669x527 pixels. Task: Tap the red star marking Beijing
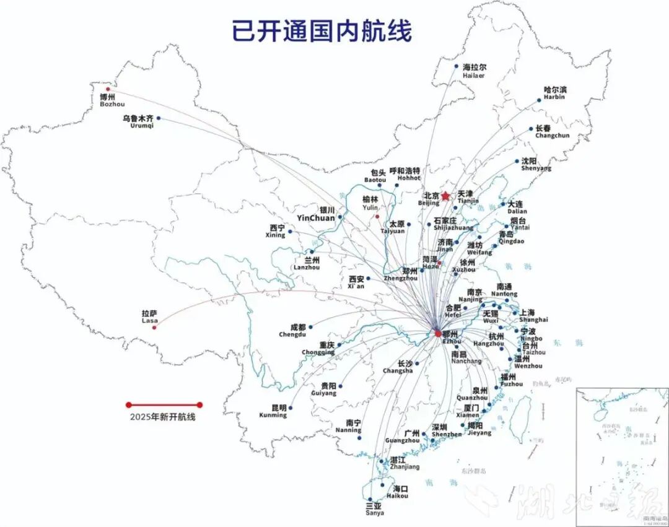445,196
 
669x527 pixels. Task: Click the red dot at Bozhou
108,89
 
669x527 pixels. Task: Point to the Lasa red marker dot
154,327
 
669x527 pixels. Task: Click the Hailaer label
474,71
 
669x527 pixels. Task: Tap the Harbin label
554,93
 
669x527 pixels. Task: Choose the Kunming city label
273,411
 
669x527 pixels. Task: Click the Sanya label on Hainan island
374,508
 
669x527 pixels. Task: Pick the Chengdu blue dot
310,326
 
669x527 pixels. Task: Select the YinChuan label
316,214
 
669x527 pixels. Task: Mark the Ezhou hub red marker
438,333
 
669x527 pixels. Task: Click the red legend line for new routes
164,405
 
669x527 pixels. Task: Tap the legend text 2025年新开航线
163,417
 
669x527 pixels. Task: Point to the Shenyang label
536,164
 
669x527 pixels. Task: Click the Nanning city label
348,426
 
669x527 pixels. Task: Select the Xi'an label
356,282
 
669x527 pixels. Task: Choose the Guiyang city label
324,389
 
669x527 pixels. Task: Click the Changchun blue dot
531,129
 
